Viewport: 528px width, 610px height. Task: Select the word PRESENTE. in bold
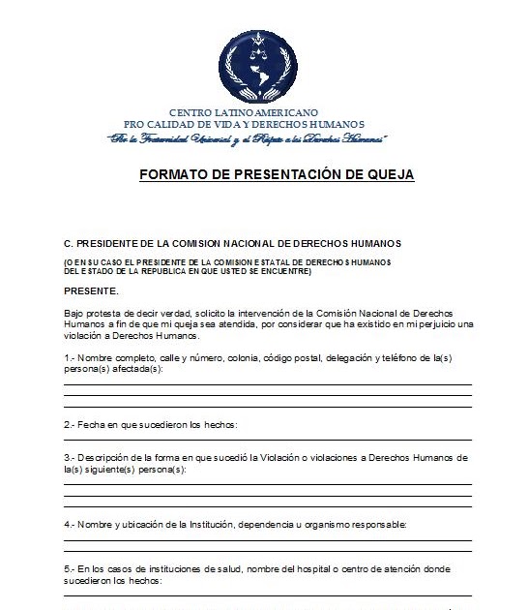tap(92, 290)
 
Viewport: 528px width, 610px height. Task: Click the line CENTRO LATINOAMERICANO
tap(244, 113)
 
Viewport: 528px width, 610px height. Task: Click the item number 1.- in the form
tap(71, 359)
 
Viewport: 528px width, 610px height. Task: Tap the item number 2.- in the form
tap(71, 424)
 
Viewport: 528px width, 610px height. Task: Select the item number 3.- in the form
tap(71, 456)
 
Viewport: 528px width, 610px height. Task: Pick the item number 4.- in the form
tap(71, 523)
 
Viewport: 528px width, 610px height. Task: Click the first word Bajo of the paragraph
tap(74, 315)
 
